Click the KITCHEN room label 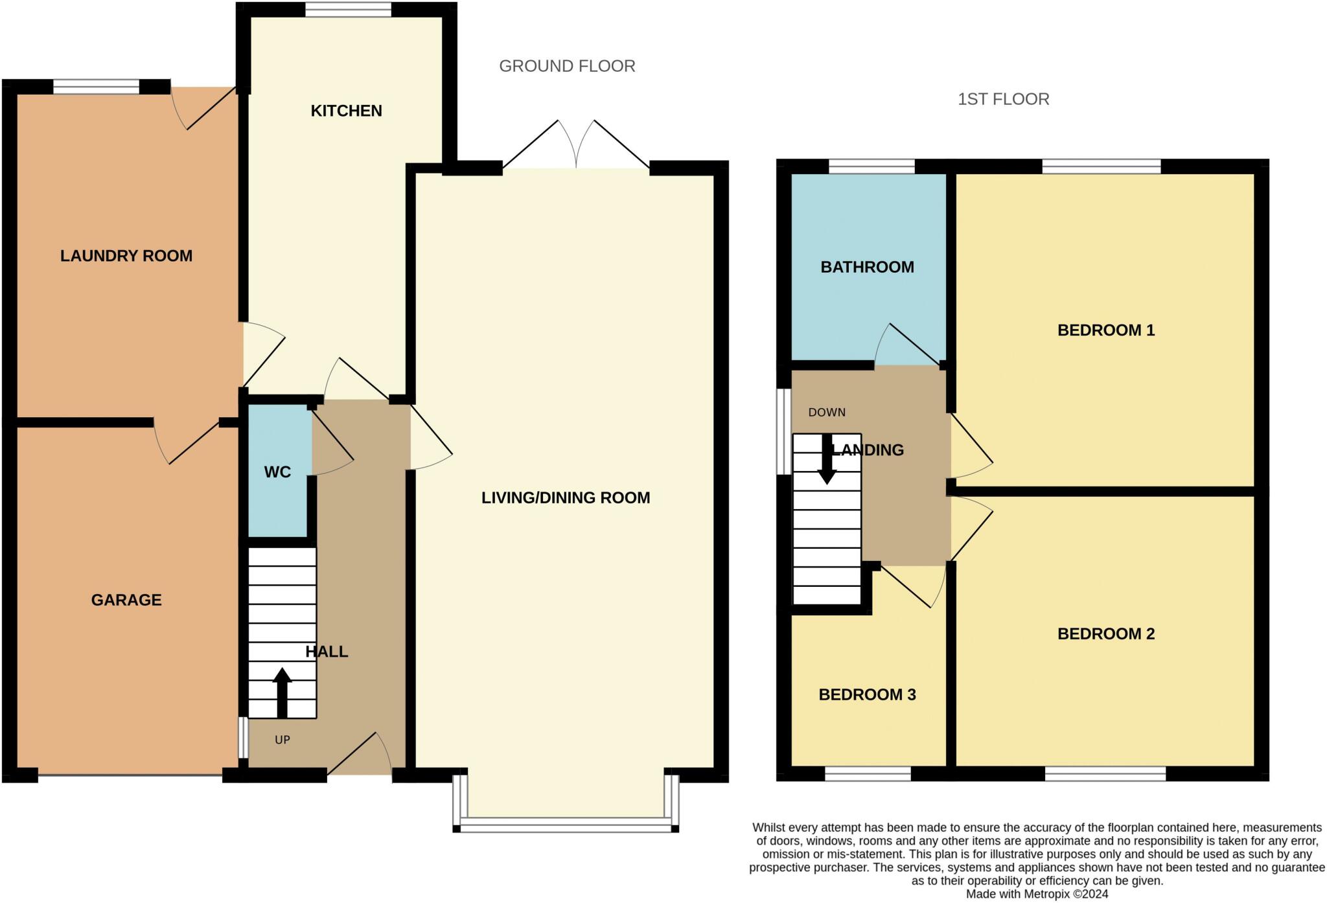(x=346, y=111)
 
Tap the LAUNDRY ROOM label (x=126, y=256)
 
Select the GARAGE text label (x=126, y=600)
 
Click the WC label (x=277, y=472)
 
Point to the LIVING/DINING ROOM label (x=566, y=497)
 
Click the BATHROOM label (x=867, y=267)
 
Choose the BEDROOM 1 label (x=1106, y=330)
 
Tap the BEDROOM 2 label (x=1106, y=634)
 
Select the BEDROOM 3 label (x=867, y=695)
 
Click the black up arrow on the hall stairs (x=282, y=692)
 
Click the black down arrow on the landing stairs (x=827, y=459)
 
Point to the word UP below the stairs (x=283, y=740)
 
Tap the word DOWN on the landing (x=827, y=413)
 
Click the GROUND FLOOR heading (x=567, y=66)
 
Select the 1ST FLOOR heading (x=1004, y=99)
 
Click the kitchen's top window (x=349, y=10)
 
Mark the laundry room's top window (x=96, y=87)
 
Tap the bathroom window (x=871, y=166)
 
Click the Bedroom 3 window (x=868, y=773)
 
